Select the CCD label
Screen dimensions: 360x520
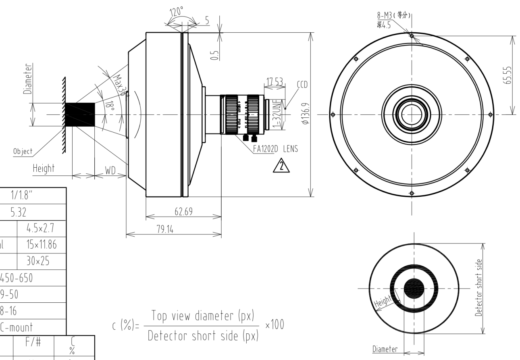click(302, 85)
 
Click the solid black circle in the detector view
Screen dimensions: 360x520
click(414, 288)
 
